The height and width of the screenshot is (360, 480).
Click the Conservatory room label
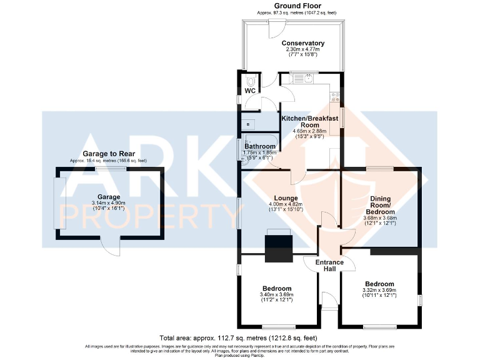pyautogui.click(x=303, y=43)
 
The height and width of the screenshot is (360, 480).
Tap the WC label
pyautogui.click(x=249, y=91)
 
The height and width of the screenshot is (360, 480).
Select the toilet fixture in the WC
pyautogui.click(x=251, y=81)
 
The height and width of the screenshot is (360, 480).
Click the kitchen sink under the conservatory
pyautogui.click(x=308, y=79)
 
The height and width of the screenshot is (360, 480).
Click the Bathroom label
pyautogui.click(x=260, y=146)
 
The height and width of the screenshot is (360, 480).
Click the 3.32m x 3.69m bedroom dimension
pyautogui.click(x=379, y=289)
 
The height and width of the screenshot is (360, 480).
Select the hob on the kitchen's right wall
pyautogui.click(x=336, y=97)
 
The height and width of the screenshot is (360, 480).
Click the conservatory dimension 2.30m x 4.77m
pyautogui.click(x=303, y=50)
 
